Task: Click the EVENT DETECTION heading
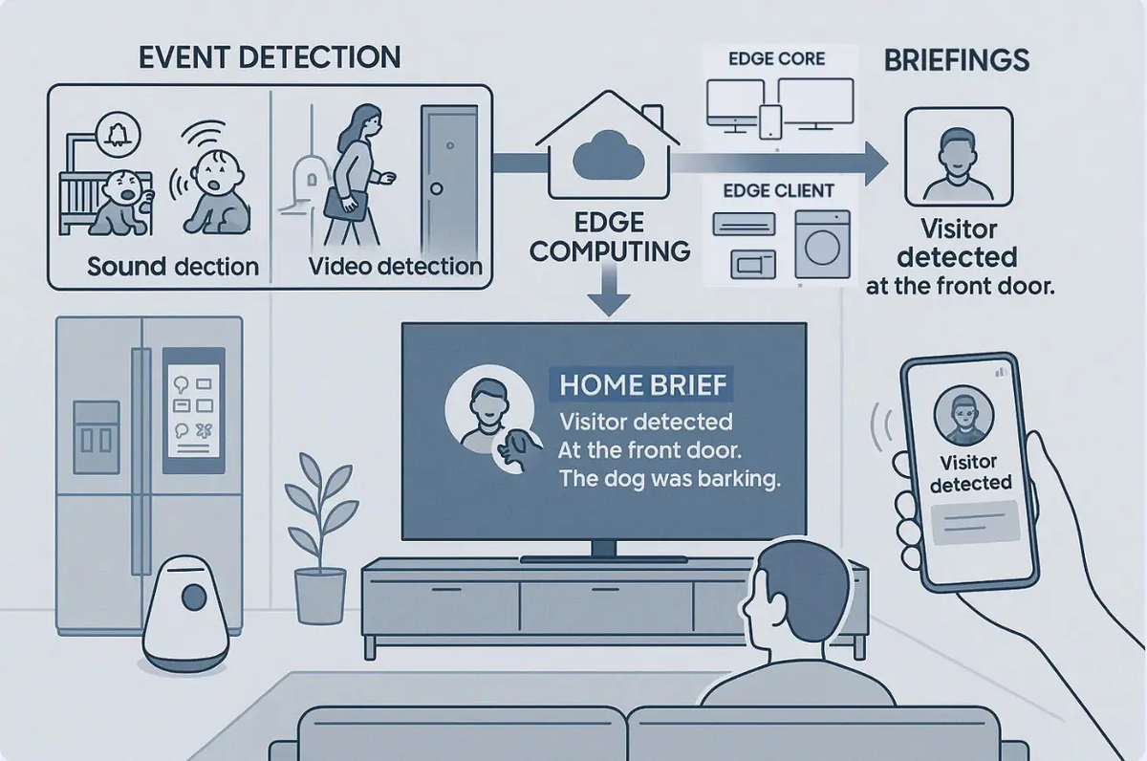point(270,56)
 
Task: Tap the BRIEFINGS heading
point(956,61)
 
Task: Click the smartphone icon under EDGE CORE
point(769,120)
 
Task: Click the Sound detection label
point(173,267)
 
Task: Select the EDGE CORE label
point(777,58)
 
